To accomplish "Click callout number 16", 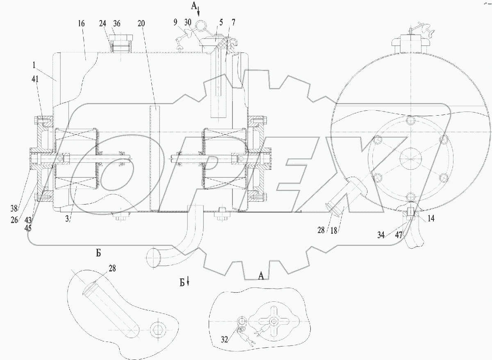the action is (x=81, y=23).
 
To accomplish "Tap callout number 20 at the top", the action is (x=141, y=23).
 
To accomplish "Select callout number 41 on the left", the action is (x=35, y=79).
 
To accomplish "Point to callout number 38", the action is (x=14, y=208).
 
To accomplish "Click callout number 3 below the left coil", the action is (x=67, y=219).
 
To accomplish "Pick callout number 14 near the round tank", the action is (x=431, y=218).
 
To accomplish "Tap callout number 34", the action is (x=381, y=235).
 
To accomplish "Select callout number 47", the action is (x=399, y=235).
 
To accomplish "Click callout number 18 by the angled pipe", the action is (x=334, y=230).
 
